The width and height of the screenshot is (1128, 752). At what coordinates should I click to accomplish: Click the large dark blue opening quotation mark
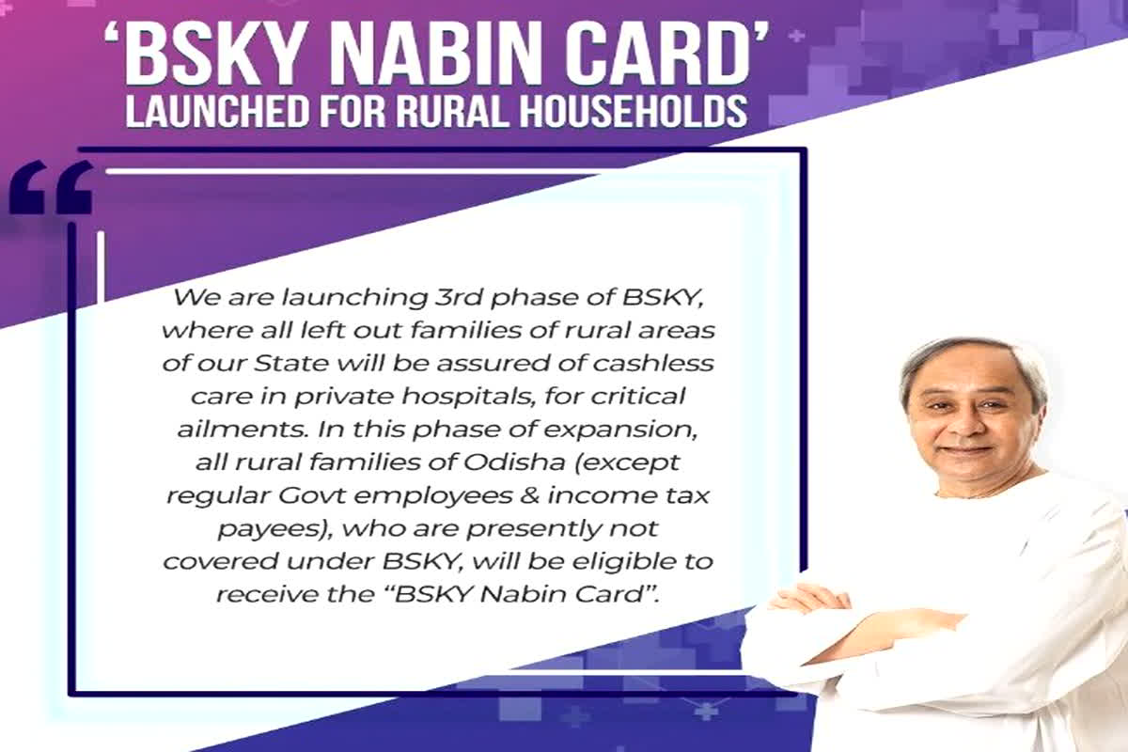52,188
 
